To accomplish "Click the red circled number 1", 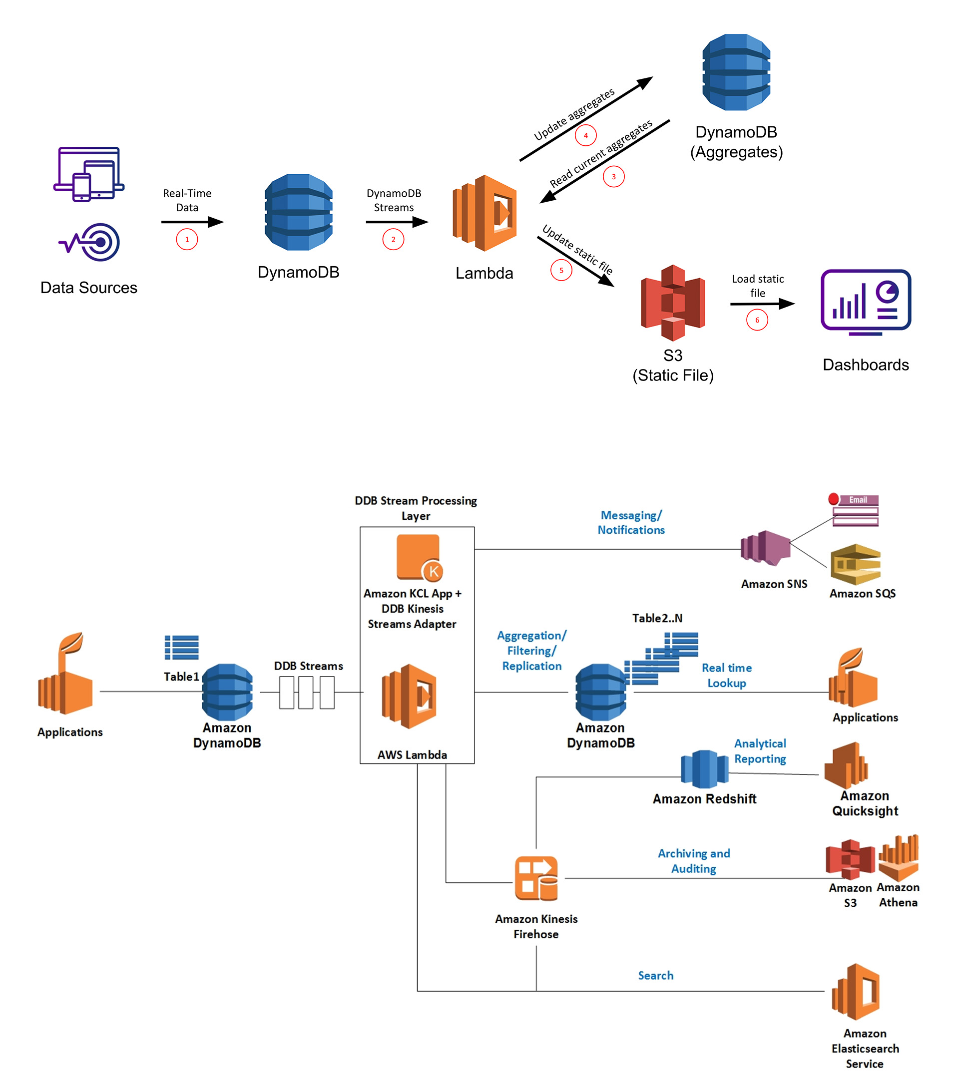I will click(187, 240).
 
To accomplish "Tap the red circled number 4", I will click(586, 135).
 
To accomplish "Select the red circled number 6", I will click(757, 320).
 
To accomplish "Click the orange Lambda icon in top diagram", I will click(484, 213).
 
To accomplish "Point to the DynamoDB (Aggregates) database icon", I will click(736, 72).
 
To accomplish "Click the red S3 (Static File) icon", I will click(673, 303).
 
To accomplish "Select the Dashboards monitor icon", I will click(866, 302).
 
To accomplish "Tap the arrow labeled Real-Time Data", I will click(192, 222).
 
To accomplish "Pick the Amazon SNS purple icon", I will click(766, 548).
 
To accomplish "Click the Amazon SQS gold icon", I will click(855, 564).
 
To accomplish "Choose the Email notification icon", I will click(854, 510).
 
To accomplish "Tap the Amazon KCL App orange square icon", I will click(419, 557).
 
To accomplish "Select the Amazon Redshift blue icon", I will click(704, 768).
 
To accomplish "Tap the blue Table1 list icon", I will click(182, 647).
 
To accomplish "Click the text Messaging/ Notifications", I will click(631, 522).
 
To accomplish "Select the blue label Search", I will click(655, 975).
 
